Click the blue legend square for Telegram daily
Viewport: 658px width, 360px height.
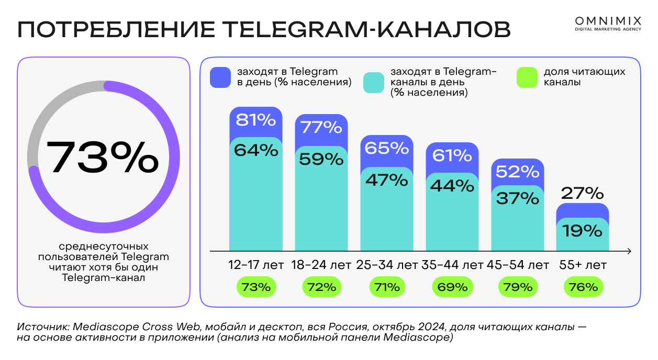click(x=220, y=77)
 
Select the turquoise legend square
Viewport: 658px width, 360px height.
click(x=374, y=83)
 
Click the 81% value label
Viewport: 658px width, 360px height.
click(x=256, y=121)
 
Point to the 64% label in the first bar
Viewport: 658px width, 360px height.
click(x=256, y=151)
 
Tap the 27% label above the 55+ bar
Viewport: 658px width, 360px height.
click(x=583, y=194)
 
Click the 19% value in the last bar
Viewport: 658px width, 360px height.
click(x=583, y=231)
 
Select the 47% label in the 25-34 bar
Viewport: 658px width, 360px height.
click(x=387, y=180)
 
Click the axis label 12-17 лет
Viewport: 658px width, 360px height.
click(x=256, y=265)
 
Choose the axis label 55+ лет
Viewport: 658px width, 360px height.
click(x=583, y=265)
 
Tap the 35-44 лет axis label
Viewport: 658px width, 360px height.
click(x=452, y=265)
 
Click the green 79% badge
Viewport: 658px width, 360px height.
click(x=518, y=287)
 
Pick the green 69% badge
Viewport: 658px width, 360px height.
click(x=452, y=287)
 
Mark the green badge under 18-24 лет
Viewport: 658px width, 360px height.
click(x=321, y=287)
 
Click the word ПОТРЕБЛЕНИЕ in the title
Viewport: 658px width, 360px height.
click(x=115, y=30)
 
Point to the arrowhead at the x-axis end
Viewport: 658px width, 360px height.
click(x=629, y=251)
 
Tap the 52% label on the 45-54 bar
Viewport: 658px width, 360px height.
click(x=518, y=172)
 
